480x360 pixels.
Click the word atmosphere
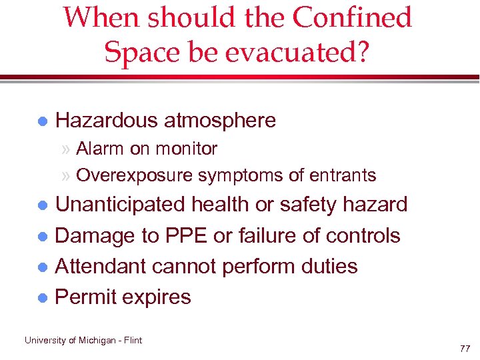click(x=219, y=121)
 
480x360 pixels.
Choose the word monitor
click(x=187, y=148)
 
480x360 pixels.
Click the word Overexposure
click(x=135, y=175)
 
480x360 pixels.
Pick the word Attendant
click(x=101, y=266)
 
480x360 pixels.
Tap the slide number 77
click(x=465, y=349)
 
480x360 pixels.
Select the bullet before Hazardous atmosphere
click(x=42, y=121)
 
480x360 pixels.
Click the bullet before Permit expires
click(x=42, y=297)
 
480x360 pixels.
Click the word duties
click(x=327, y=266)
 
